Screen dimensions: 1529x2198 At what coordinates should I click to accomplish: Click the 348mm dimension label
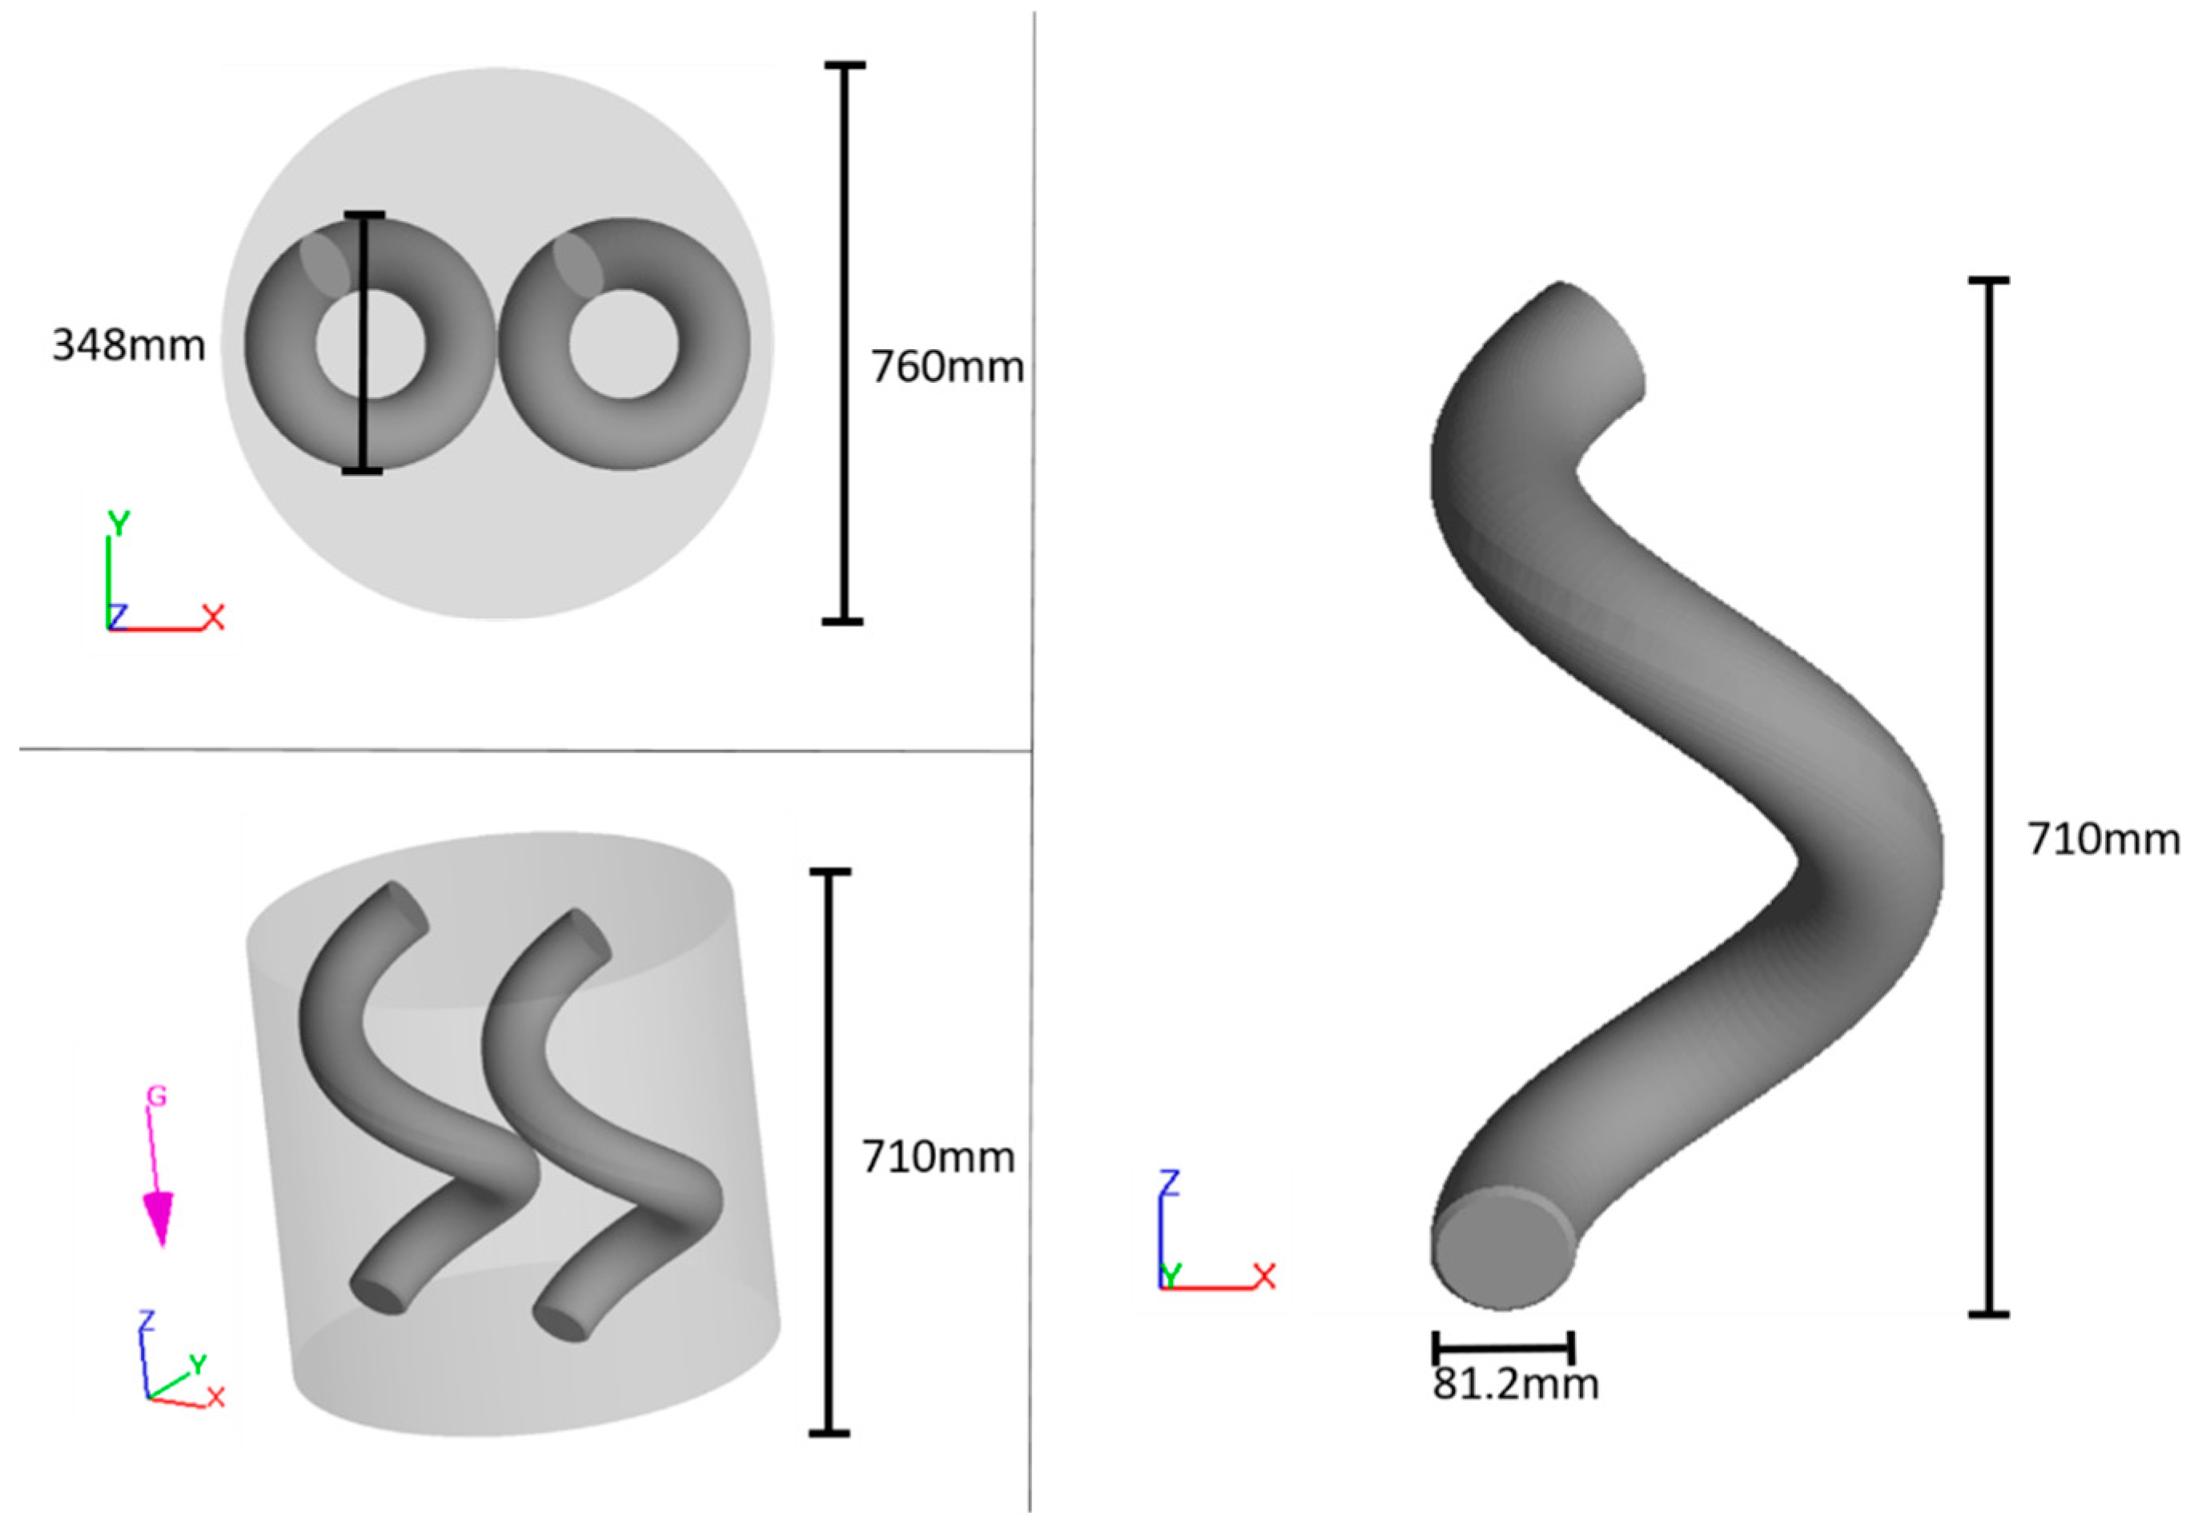(128, 344)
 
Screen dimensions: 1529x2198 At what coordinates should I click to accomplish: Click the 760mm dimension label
(946, 367)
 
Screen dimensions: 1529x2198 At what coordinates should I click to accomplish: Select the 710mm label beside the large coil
(2102, 839)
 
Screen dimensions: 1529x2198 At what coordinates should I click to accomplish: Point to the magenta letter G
(156, 1096)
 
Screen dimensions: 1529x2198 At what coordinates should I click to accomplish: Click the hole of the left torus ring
(369, 343)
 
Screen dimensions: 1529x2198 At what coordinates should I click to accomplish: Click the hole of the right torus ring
(623, 343)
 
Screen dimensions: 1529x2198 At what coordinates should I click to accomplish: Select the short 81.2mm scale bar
(1504, 1347)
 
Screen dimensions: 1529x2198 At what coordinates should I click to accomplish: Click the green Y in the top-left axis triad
(119, 525)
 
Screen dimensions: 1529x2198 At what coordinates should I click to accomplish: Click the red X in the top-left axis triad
(215, 617)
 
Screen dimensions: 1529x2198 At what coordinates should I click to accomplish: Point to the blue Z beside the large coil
(1168, 1183)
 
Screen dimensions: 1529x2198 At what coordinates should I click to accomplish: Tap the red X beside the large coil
(1266, 1276)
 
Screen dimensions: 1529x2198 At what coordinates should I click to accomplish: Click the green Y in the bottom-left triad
(197, 1364)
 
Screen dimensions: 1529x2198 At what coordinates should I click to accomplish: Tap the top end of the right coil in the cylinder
(591, 935)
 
